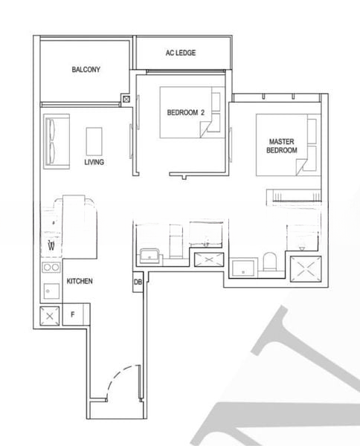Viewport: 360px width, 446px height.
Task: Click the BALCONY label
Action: [86, 70]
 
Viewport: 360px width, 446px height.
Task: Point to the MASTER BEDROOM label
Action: [282, 146]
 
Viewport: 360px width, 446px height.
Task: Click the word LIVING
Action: [94, 162]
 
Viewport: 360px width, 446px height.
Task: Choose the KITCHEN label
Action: [80, 282]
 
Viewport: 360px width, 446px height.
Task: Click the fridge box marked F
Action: [73, 314]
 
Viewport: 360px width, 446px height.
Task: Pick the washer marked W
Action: [51, 245]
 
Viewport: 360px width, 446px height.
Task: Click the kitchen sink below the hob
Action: [51, 289]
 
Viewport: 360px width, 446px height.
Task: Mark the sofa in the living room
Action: [55, 140]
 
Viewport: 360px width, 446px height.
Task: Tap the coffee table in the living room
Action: [94, 140]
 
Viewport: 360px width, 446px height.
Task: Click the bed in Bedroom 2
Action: [190, 113]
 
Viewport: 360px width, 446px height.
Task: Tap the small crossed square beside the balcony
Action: [126, 98]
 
